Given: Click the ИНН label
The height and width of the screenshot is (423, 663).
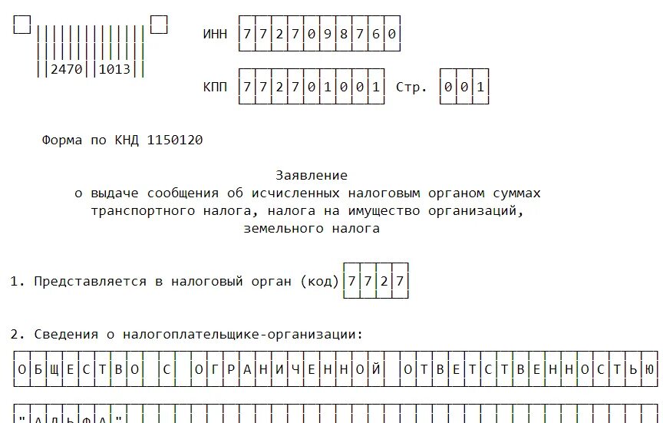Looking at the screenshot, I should [x=215, y=35].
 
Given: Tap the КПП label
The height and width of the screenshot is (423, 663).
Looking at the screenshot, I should [x=215, y=87].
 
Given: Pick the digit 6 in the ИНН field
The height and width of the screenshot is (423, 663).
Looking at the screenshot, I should [x=374, y=35].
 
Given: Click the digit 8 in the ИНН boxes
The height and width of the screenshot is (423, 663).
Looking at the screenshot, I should [x=342, y=35].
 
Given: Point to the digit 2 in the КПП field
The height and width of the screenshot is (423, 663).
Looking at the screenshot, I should [x=279, y=87].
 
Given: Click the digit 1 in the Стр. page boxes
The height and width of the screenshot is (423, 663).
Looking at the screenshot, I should [x=480, y=87].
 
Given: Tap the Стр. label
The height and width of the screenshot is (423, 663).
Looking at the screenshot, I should [x=411, y=87].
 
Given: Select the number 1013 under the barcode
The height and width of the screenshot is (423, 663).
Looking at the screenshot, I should [x=115, y=69].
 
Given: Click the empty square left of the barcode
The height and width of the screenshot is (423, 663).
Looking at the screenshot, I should [x=22, y=25].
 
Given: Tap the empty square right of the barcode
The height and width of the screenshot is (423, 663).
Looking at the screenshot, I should [x=159, y=25].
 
